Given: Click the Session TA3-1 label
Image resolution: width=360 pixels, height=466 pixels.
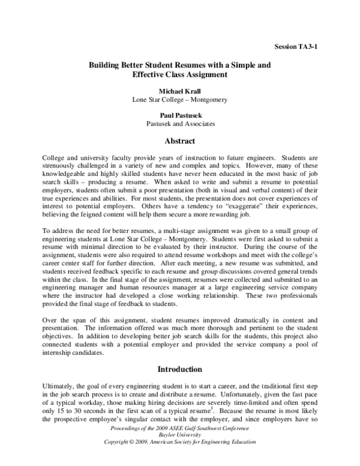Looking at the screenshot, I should click(x=295, y=46).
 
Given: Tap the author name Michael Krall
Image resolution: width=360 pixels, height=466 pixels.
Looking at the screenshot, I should click(x=180, y=91).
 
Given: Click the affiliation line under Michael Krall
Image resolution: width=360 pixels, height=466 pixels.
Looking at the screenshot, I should click(x=180, y=100).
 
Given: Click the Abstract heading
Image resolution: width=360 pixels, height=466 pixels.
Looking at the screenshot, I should click(x=180, y=142).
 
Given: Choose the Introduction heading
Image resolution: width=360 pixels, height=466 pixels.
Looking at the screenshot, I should click(x=180, y=369).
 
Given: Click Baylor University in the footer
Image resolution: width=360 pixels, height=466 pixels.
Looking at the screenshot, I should click(x=180, y=434).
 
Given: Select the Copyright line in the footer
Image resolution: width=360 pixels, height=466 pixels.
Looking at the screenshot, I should click(x=180, y=441).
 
